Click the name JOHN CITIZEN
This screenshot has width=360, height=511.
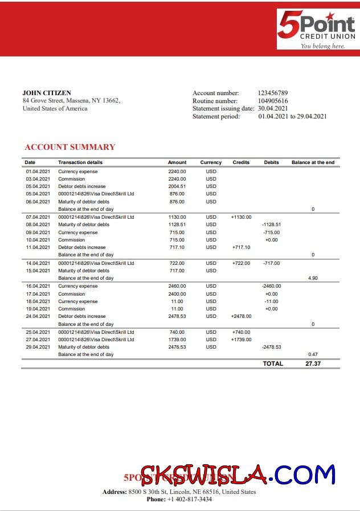[47, 93]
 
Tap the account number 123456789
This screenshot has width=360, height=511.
[273, 93]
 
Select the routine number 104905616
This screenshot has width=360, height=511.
[273, 101]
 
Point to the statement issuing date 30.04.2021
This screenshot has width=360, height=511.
[273, 108]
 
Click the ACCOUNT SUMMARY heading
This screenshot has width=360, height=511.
[69, 147]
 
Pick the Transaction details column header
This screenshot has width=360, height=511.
[80, 162]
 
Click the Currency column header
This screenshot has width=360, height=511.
[211, 162]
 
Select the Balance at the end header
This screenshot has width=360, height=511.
[313, 162]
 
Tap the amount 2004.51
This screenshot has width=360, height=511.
[177, 186]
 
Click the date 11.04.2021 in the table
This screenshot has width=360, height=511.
[38, 247]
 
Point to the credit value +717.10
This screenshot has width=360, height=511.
[241, 247]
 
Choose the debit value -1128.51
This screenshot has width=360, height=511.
[271, 224]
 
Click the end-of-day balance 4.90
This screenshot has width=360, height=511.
[313, 278]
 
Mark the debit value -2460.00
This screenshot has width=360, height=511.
[271, 286]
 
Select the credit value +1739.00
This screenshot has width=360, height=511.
[241, 340]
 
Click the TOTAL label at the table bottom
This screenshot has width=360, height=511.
[273, 363]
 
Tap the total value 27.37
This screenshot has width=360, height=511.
[313, 363]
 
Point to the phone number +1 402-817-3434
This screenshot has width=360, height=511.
[189, 499]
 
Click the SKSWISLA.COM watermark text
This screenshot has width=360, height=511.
[238, 475]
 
